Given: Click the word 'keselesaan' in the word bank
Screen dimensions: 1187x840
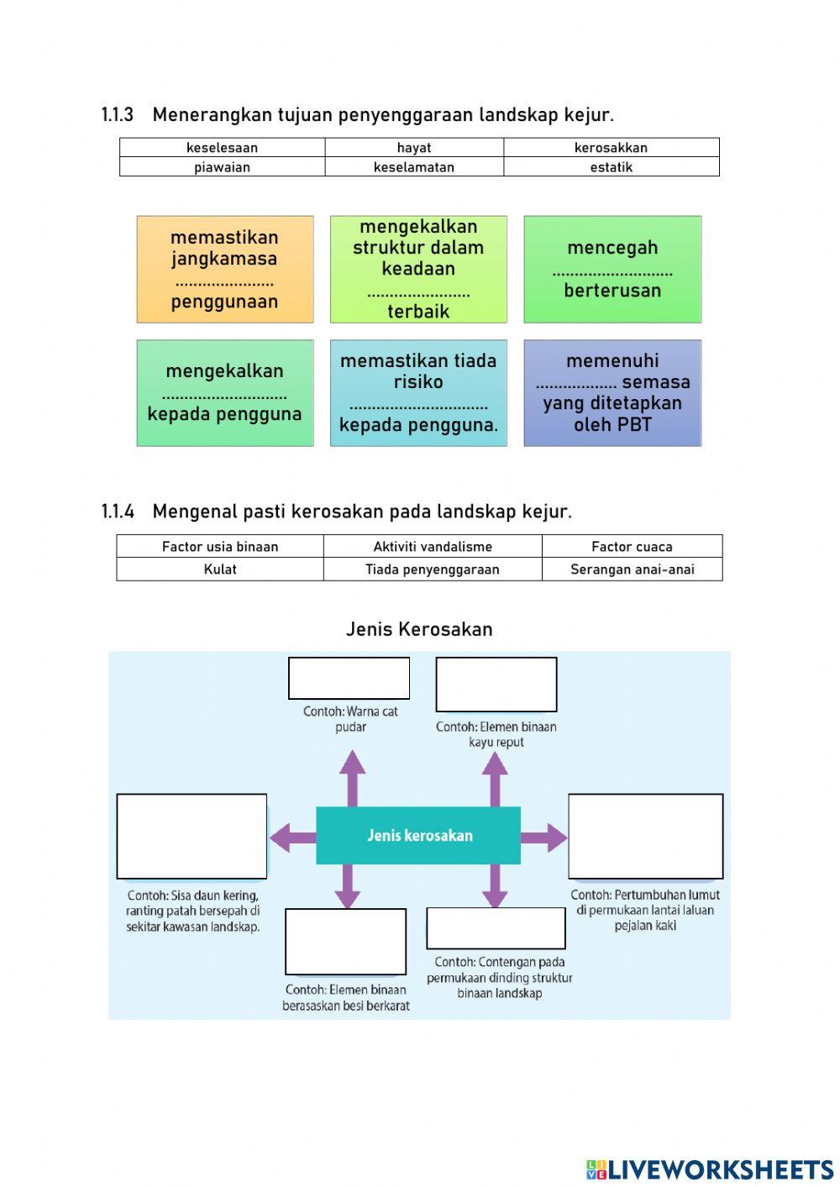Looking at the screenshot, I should click(x=222, y=148).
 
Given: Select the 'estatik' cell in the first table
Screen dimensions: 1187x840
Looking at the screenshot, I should click(x=611, y=167).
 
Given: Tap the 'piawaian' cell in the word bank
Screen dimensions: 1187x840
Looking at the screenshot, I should click(x=222, y=167).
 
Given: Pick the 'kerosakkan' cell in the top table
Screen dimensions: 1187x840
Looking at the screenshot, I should click(x=611, y=148).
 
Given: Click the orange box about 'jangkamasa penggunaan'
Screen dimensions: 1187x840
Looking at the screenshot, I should click(x=225, y=270).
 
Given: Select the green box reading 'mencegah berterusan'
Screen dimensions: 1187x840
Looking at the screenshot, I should click(x=612, y=270).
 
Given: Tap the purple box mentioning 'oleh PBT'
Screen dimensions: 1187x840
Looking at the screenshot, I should click(x=612, y=393).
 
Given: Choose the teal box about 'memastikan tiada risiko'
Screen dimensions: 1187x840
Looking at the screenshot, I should click(x=418, y=393).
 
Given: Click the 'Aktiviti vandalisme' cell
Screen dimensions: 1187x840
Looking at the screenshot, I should click(x=433, y=547).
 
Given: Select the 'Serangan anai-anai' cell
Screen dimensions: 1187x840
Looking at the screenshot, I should click(x=632, y=570).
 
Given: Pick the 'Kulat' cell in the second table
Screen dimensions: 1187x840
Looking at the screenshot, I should click(x=220, y=570).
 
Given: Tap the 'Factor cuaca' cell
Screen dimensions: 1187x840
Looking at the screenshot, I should click(x=632, y=547).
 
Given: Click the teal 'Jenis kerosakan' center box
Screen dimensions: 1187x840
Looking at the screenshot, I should click(x=418, y=836).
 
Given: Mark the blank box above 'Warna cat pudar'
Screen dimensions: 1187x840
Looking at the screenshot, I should click(x=349, y=679).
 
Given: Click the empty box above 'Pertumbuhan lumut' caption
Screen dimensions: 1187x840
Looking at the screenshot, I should click(x=645, y=836).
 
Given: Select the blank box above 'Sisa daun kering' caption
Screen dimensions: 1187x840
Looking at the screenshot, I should click(x=192, y=836).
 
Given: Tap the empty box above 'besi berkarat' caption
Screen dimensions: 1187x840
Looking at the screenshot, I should click(x=345, y=942).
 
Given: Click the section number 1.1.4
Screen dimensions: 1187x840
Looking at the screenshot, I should click(x=118, y=512).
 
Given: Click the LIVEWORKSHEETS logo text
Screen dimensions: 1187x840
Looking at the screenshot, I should click(x=720, y=1169).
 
